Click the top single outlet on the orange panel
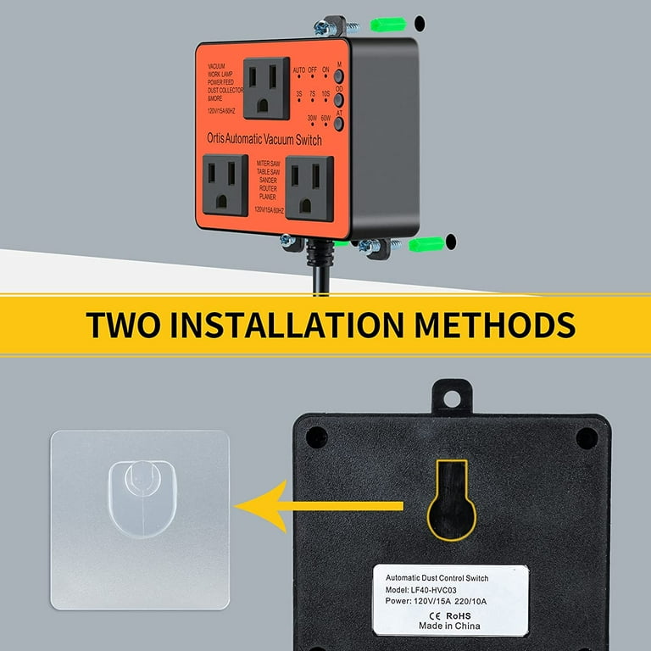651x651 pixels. (x=267, y=87)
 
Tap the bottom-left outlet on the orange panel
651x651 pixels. (x=225, y=185)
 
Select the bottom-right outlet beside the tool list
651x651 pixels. (x=309, y=187)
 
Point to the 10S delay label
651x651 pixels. (x=326, y=94)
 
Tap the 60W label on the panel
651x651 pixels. (x=325, y=119)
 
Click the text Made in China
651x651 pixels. (x=448, y=626)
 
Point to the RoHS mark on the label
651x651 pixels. (x=460, y=615)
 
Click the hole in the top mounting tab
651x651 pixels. (x=449, y=396)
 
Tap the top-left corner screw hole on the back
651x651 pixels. (x=316, y=437)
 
